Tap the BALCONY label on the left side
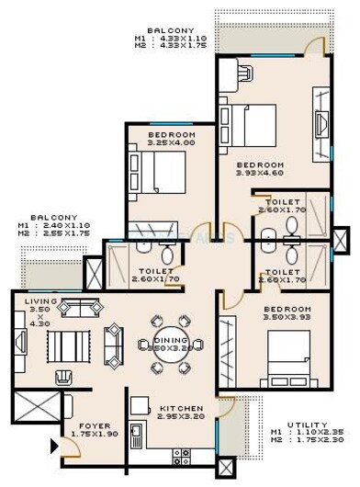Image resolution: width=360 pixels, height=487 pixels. pyautogui.click(x=46, y=218)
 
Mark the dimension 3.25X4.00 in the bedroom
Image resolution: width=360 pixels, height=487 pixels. pyautogui.click(x=170, y=143)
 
